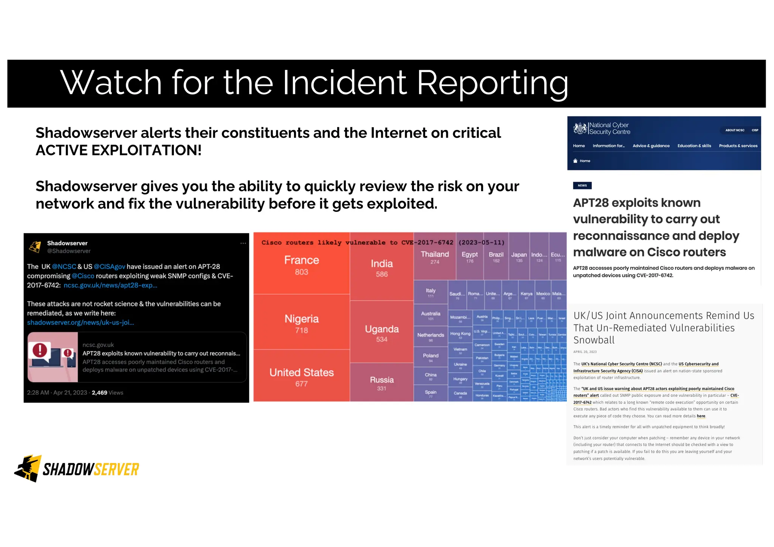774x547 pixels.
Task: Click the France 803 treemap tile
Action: (301, 265)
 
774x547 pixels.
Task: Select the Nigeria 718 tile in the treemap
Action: (301, 324)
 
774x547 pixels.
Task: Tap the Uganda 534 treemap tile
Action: (382, 333)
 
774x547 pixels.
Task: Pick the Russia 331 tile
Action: (382, 383)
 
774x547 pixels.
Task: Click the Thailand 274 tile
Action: (435, 257)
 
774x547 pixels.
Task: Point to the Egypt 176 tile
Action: (469, 257)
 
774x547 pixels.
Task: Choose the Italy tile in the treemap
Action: (430, 292)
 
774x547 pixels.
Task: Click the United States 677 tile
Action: (301, 377)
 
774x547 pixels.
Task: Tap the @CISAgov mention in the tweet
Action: (109, 267)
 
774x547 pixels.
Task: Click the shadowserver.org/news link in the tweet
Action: (80, 323)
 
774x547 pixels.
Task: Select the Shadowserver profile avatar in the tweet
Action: (35, 247)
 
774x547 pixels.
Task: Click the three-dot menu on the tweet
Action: (243, 243)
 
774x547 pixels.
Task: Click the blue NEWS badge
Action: (582, 185)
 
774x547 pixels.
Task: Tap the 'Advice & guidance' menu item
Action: (651, 146)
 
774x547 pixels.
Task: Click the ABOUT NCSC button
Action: (734, 130)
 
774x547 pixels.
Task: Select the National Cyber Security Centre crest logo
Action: (580, 128)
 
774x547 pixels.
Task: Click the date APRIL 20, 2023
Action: (585, 352)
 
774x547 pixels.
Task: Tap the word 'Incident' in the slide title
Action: (344, 83)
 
